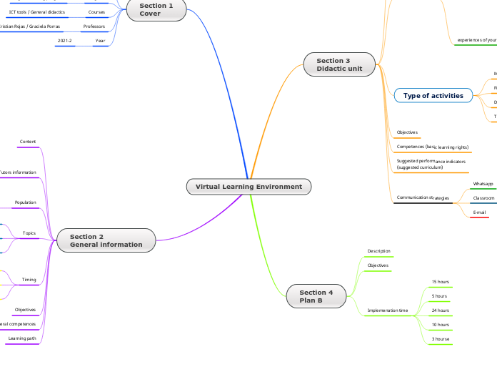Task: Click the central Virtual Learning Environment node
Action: (x=248, y=187)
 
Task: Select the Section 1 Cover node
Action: (x=156, y=9)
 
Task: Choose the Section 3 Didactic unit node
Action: (x=339, y=65)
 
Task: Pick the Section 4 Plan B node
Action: (x=316, y=296)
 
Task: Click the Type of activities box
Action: (x=433, y=96)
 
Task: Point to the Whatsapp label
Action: (x=483, y=184)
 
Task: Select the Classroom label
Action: (x=483, y=198)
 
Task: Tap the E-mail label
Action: (x=479, y=212)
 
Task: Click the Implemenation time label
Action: (x=388, y=310)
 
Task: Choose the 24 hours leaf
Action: (x=440, y=310)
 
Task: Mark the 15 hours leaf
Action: (x=440, y=282)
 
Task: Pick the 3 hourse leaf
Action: (x=440, y=338)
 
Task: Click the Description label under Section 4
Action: (x=378, y=251)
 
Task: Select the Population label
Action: (x=26, y=202)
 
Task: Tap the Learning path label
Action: (x=22, y=338)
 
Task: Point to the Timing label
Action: (x=29, y=280)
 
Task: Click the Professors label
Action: (x=94, y=26)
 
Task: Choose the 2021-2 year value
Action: (x=64, y=41)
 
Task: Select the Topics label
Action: (x=29, y=233)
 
